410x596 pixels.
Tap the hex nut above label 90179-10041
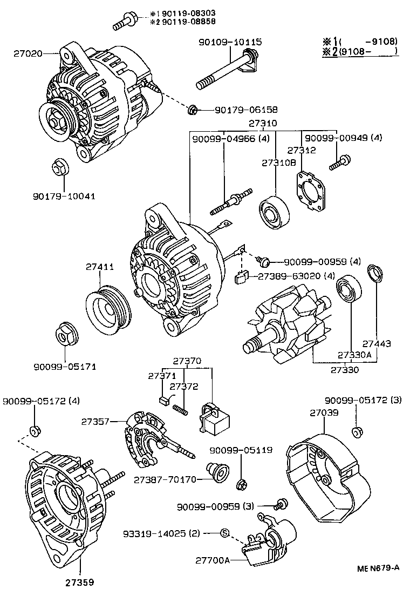tap(60, 168)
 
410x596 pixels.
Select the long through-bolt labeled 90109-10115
tap(227, 70)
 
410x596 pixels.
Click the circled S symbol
tap(225, 533)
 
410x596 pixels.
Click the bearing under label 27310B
tap(274, 214)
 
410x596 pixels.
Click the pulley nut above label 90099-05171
tap(67, 335)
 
